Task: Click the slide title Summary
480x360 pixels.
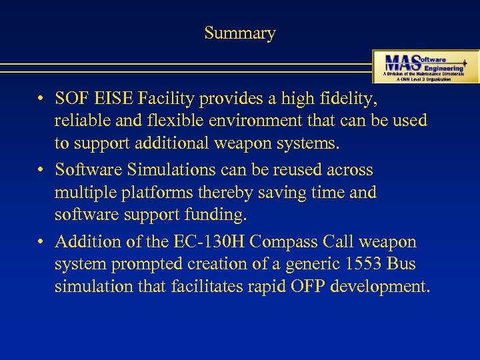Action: (x=239, y=33)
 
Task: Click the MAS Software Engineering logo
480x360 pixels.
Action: (x=425, y=66)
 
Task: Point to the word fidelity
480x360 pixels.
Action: (x=349, y=99)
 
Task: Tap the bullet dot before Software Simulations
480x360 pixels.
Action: (x=41, y=171)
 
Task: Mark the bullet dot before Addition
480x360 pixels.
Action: (x=41, y=242)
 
